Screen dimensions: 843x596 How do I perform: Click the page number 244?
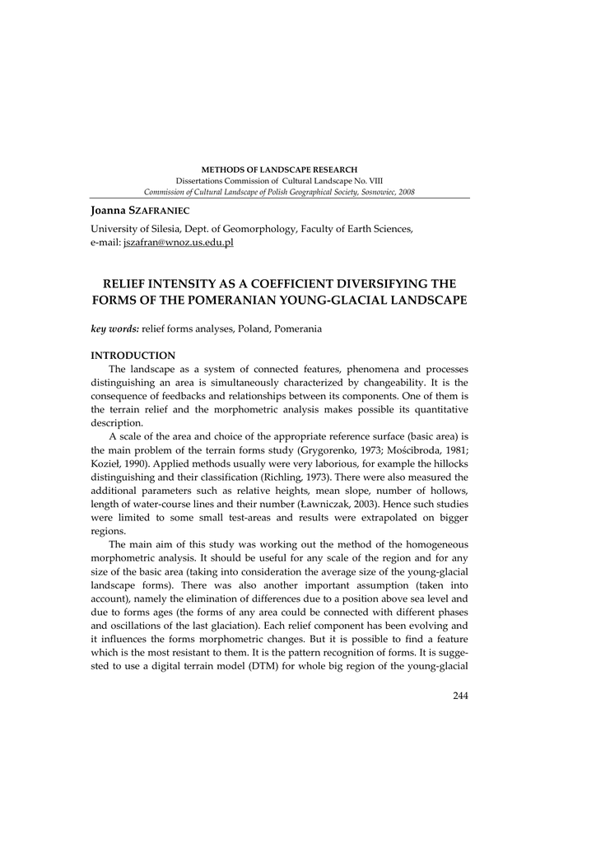(x=460, y=696)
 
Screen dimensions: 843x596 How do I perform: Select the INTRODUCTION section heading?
(x=133, y=356)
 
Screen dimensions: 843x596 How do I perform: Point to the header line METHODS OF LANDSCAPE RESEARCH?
(x=280, y=170)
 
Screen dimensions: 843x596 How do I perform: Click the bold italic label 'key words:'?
(x=114, y=329)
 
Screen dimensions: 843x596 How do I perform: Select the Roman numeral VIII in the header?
(x=372, y=180)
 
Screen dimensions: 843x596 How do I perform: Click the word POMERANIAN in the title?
(x=239, y=300)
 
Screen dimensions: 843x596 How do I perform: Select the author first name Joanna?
(x=109, y=212)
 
